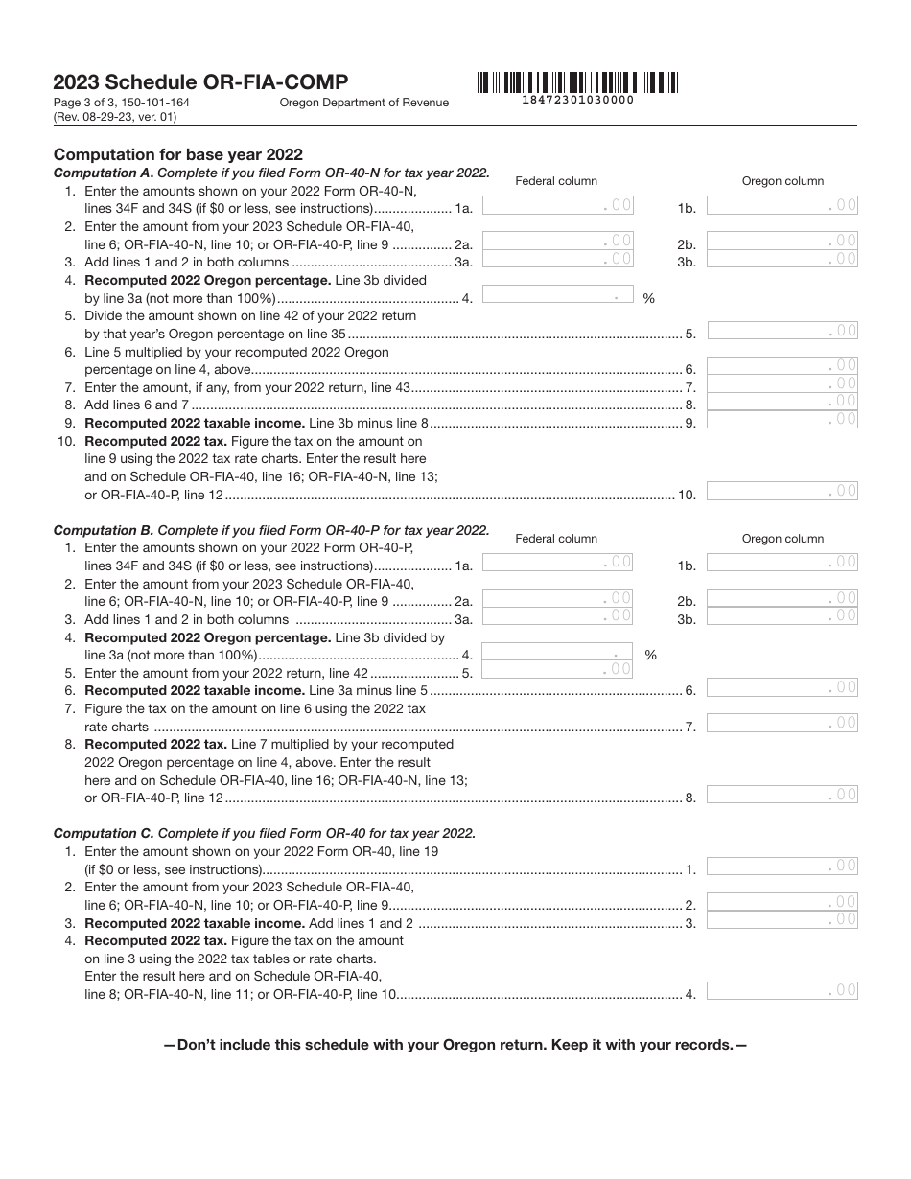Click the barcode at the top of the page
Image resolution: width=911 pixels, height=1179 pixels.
pyautogui.click(x=575, y=82)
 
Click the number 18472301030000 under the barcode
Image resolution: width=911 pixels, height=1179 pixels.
pyautogui.click(x=577, y=100)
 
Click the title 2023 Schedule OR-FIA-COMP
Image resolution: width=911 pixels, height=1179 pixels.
pyautogui.click(x=201, y=82)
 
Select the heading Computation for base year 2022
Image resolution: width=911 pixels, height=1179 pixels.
pyautogui.click(x=178, y=154)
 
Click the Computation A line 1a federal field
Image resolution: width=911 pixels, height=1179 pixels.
pyautogui.click(x=557, y=205)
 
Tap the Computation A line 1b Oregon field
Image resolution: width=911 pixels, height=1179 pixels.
pyautogui.click(x=783, y=205)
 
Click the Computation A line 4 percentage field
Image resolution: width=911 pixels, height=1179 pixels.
pyautogui.click(x=557, y=296)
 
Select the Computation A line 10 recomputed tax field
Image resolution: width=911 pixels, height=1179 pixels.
pyautogui.click(x=783, y=492)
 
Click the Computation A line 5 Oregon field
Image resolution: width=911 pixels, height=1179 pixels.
pyautogui.click(x=783, y=331)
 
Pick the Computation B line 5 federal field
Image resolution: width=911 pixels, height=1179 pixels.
pyautogui.click(x=557, y=670)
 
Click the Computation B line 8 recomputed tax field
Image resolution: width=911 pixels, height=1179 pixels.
pyautogui.click(x=783, y=795)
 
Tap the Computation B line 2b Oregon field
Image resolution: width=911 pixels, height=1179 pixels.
pyautogui.click(x=783, y=598)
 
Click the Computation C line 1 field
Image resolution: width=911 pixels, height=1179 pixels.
pyautogui.click(x=783, y=867)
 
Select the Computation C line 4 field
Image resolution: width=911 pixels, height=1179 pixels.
pyautogui.click(x=783, y=991)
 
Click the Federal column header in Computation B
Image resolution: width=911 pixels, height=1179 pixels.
pyautogui.click(x=556, y=539)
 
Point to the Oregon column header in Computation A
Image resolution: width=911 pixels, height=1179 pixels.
pyautogui.click(x=783, y=181)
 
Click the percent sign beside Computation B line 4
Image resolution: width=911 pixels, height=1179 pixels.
pyautogui.click(x=650, y=656)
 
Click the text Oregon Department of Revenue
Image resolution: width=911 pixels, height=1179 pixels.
pyautogui.click(x=364, y=104)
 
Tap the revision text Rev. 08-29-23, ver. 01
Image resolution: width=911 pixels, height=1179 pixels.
pyautogui.click(x=115, y=117)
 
